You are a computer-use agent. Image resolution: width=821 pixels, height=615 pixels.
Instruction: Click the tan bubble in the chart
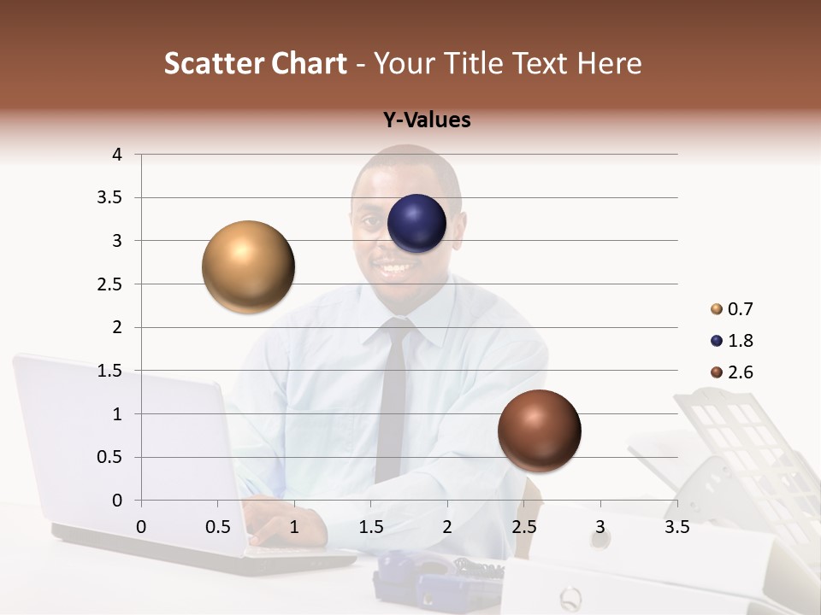tap(248, 266)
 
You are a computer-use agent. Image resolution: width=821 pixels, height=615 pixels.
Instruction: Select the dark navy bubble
tap(416, 224)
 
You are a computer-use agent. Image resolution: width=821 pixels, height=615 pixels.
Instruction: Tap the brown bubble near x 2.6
tap(539, 430)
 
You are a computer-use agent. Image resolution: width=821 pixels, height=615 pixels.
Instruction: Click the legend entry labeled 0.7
tap(731, 309)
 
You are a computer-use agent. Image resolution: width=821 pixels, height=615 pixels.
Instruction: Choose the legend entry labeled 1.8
tap(731, 341)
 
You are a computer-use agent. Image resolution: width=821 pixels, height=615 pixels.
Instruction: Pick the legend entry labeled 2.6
tap(731, 372)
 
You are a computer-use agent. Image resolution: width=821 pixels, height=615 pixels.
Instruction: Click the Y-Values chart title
tap(427, 120)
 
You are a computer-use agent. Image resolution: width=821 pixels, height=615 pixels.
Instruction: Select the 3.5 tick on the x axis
tap(676, 527)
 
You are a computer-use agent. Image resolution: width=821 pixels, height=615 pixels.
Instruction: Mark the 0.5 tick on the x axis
tap(217, 527)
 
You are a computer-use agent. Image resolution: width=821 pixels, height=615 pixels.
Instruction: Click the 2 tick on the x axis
tap(447, 527)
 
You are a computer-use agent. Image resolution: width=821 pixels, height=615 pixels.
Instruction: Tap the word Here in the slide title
tap(608, 63)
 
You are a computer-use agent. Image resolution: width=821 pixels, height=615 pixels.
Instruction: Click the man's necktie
tap(393, 393)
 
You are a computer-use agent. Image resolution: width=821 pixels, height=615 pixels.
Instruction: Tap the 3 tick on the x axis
tap(600, 527)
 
